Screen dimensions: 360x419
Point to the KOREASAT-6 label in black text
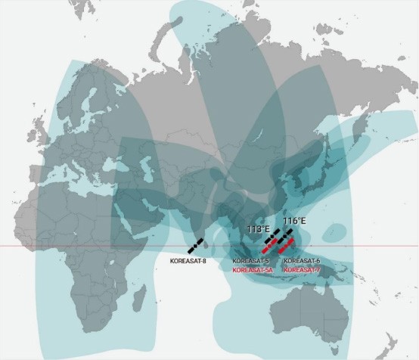(301, 261)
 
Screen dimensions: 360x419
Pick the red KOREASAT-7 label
(300, 268)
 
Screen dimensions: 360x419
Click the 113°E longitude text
(259, 228)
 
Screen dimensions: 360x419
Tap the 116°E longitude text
(294, 221)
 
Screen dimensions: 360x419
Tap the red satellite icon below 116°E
(285, 247)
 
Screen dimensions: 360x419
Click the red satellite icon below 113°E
(268, 244)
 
